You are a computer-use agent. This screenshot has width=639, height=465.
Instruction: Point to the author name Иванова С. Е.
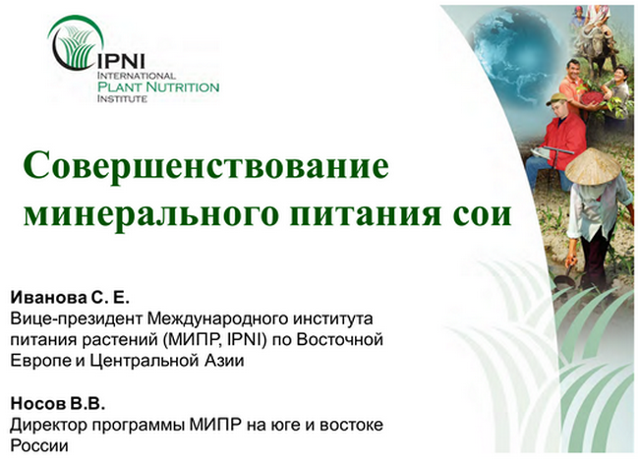(70, 298)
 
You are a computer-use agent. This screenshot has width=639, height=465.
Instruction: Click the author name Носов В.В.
(58, 403)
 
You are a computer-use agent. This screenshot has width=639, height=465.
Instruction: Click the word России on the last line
(39, 446)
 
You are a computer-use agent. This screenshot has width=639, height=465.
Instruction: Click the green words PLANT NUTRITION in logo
(158, 87)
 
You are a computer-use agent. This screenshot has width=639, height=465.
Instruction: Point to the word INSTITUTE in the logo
(122, 98)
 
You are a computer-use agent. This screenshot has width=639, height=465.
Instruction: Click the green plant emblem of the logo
(76, 45)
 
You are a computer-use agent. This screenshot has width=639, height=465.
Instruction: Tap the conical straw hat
(593, 166)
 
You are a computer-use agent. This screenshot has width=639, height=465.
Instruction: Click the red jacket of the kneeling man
(564, 140)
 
